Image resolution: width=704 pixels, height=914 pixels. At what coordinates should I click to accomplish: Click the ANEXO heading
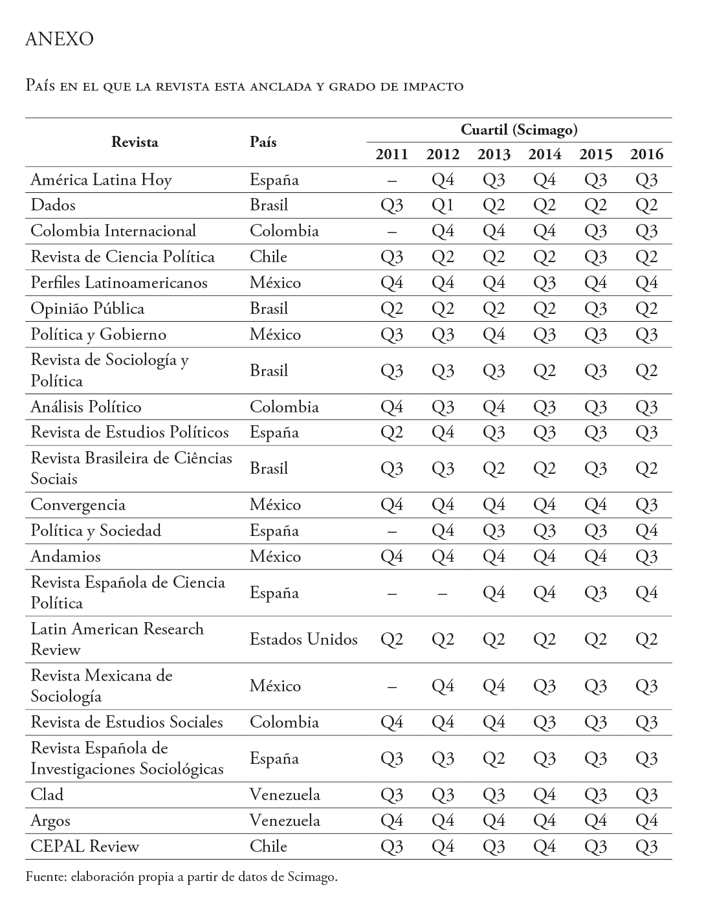click(59, 39)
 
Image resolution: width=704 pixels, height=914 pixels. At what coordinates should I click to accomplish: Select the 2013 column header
click(494, 154)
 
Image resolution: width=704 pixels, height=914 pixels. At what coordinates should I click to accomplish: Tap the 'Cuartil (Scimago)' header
click(519, 130)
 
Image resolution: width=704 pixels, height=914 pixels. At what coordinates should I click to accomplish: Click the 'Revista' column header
click(135, 142)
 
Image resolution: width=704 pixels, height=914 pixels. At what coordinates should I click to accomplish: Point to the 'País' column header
click(263, 142)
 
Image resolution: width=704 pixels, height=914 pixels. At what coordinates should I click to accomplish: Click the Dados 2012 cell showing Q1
click(443, 205)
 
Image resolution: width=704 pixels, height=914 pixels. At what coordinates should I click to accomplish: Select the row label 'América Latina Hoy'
click(101, 179)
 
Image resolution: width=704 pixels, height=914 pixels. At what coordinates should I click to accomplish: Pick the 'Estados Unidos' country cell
click(303, 640)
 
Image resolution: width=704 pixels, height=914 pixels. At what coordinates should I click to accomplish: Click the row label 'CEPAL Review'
click(85, 846)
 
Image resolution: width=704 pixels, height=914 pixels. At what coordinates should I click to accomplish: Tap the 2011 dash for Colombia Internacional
click(391, 231)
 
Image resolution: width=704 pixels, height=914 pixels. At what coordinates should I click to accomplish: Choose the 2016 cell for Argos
click(646, 821)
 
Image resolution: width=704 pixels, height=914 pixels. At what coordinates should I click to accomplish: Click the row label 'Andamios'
click(65, 557)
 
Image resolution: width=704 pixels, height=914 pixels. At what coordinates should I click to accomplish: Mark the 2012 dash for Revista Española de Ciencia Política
click(443, 593)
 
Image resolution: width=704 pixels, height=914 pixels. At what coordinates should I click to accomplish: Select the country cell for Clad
click(285, 795)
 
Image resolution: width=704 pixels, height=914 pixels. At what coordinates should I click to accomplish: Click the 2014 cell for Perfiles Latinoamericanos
click(544, 283)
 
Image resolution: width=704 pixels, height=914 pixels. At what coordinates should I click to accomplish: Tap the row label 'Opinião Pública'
click(87, 309)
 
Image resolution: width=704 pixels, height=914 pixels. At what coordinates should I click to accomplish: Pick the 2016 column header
click(646, 154)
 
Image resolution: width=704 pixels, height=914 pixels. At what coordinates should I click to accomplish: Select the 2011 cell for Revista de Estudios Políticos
click(391, 432)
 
